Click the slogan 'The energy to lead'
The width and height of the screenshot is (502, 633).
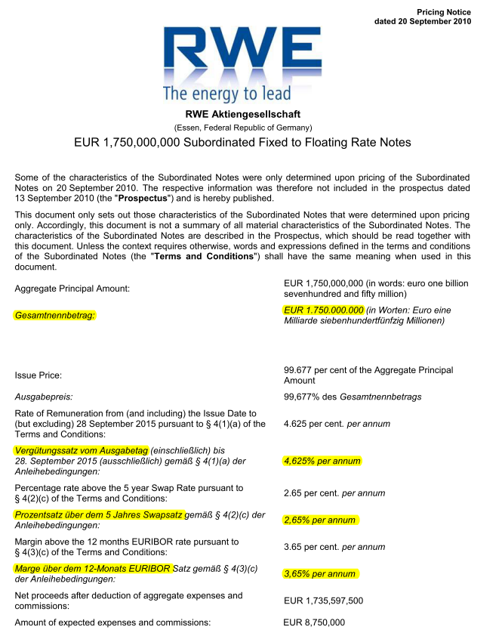click(x=226, y=94)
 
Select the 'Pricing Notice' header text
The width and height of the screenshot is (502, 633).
click(x=443, y=11)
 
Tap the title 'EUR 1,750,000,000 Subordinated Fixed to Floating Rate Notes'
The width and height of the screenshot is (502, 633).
click(x=242, y=142)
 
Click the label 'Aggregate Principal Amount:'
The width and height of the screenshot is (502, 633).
click(x=72, y=289)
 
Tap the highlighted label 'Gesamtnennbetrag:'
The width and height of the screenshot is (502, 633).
click(x=55, y=315)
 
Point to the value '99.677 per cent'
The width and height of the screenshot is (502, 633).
click(x=320, y=370)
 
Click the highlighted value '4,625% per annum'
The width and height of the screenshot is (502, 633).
click(x=322, y=461)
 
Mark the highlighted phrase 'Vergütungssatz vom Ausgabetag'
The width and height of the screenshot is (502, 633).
click(x=82, y=450)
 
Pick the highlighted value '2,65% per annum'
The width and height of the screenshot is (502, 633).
click(x=319, y=520)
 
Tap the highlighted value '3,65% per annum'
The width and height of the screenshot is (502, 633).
click(x=319, y=573)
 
